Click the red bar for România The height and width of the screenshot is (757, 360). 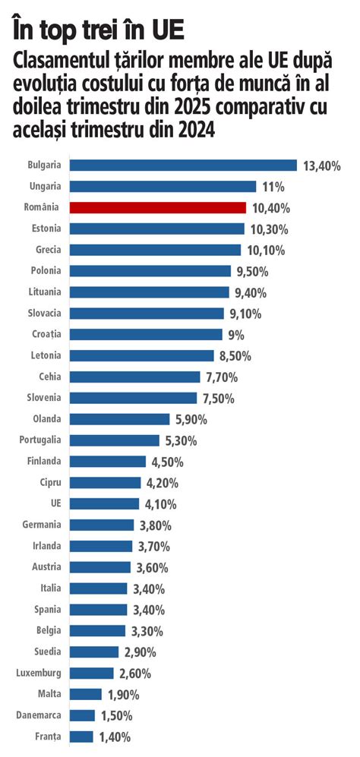(x=157, y=207)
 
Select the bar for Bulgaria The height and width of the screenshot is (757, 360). (x=182, y=165)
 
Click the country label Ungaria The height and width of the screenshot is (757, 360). (x=45, y=186)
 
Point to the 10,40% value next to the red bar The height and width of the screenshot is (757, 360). (x=270, y=208)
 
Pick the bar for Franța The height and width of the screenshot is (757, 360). (x=81, y=736)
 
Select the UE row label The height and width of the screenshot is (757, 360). (x=55, y=503)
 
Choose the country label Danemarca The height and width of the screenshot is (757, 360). (x=39, y=715)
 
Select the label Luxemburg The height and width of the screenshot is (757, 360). (x=39, y=673)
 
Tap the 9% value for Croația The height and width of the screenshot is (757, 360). (x=237, y=335)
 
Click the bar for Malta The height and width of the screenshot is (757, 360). (x=86, y=694)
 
